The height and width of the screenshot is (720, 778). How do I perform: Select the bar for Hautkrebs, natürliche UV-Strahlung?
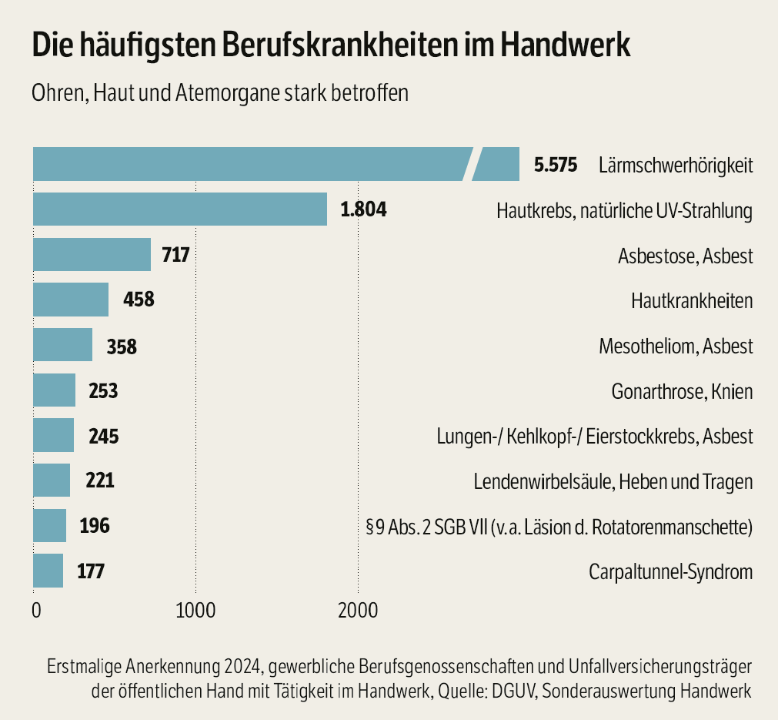pyautogui.click(x=180, y=209)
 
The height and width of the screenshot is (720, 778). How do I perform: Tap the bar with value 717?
pyautogui.click(x=92, y=255)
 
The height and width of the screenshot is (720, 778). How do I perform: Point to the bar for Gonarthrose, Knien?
pyautogui.click(x=55, y=390)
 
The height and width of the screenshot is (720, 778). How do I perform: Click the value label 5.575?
pyautogui.click(x=555, y=165)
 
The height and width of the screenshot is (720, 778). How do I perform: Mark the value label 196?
pyautogui.click(x=94, y=527)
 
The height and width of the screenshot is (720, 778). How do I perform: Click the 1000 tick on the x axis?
pyautogui.click(x=195, y=611)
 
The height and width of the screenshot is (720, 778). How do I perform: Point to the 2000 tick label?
pyautogui.click(x=357, y=611)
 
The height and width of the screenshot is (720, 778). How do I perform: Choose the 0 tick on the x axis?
pyautogui.click(x=36, y=611)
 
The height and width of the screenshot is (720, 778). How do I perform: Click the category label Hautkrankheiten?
pyautogui.click(x=691, y=301)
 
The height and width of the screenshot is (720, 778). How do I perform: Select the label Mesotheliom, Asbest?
pyautogui.click(x=676, y=346)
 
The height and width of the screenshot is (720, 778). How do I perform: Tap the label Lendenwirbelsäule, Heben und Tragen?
pyautogui.click(x=613, y=482)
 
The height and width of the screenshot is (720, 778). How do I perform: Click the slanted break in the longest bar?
pyautogui.click(x=471, y=164)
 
